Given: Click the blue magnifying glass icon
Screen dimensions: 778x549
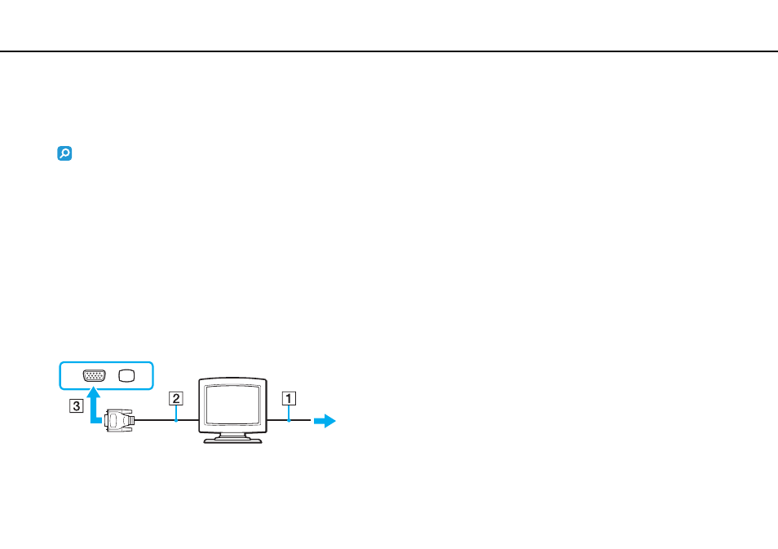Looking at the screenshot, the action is click(64, 153).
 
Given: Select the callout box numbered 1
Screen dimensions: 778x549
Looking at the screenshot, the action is click(289, 399).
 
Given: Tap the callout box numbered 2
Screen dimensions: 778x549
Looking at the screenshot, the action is click(175, 399).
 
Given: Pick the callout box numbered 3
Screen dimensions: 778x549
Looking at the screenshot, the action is click(76, 406).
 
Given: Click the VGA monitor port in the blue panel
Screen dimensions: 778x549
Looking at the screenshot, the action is click(95, 376).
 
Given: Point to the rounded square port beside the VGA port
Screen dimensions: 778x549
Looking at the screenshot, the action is click(126, 376).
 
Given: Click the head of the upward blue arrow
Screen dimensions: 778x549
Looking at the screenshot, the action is click(93, 392).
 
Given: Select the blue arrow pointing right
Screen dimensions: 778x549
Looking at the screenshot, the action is click(325, 421).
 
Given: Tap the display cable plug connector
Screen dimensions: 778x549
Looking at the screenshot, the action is click(118, 420).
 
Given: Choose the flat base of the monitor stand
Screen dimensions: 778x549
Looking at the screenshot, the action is click(232, 441).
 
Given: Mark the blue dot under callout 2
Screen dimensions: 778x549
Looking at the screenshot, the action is click(176, 421).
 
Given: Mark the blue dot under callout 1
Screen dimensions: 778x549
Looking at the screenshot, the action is click(289, 421).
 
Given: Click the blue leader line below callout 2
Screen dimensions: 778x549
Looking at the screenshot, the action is click(176, 413).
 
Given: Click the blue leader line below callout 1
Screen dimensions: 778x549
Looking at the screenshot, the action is click(289, 413).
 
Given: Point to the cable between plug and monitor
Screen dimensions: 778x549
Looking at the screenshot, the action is click(166, 420).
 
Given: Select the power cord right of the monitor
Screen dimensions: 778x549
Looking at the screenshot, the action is click(289, 420).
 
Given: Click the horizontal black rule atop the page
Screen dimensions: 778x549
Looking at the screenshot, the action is click(389, 51).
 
